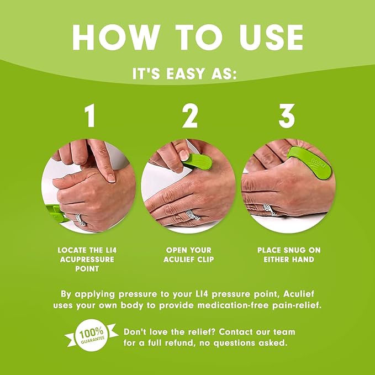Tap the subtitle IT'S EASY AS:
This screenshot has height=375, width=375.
pyautogui.click(x=187, y=73)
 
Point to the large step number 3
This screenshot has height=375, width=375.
pyautogui.click(x=287, y=117)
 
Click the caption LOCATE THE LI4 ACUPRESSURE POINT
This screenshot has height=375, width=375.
pyautogui.click(x=88, y=259)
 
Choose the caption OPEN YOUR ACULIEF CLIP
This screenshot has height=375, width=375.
pyautogui.click(x=188, y=255)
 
